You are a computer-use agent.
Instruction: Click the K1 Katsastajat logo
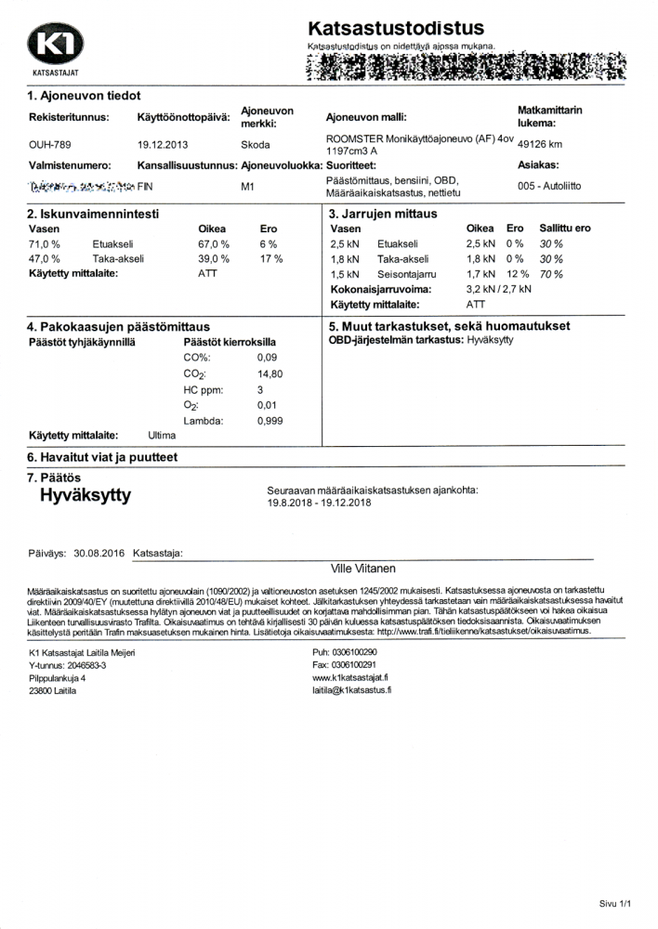click(56, 46)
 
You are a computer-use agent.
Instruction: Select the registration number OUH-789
click(50, 145)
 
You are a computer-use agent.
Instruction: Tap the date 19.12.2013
click(163, 145)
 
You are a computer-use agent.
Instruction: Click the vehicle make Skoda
click(256, 145)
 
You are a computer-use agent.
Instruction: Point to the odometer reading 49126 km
click(541, 145)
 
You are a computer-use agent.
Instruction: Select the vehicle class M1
click(248, 186)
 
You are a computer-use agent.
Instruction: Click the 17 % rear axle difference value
click(271, 258)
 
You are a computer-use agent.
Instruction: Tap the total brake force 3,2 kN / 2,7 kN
click(498, 290)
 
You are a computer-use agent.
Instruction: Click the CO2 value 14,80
click(270, 373)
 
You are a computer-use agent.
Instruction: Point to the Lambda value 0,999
click(270, 421)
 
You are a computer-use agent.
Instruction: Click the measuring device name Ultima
click(162, 435)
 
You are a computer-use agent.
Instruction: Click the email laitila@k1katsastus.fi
click(352, 692)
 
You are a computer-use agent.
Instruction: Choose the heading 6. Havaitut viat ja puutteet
click(102, 457)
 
